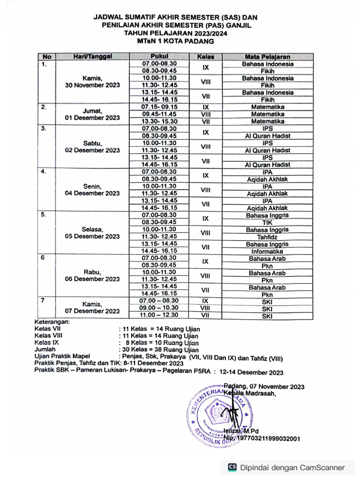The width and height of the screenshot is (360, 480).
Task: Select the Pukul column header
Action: [159, 57]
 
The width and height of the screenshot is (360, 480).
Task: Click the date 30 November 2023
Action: [92, 85]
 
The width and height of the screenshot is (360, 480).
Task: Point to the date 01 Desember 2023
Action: [92, 118]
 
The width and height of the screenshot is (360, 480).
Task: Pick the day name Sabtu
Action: [92, 143]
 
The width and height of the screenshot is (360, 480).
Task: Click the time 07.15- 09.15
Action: [159, 107]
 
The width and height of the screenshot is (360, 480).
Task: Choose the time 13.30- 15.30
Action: [159, 121]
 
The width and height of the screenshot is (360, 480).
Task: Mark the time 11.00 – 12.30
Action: [159, 315]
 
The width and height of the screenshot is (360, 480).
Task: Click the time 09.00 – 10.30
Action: [159, 308]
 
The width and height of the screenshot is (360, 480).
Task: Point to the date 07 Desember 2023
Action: [92, 311]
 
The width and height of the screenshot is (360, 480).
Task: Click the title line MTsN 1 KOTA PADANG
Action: [175, 41]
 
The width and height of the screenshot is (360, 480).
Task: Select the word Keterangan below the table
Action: [52, 322]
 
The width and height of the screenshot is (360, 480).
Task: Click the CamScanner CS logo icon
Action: [232, 467]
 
